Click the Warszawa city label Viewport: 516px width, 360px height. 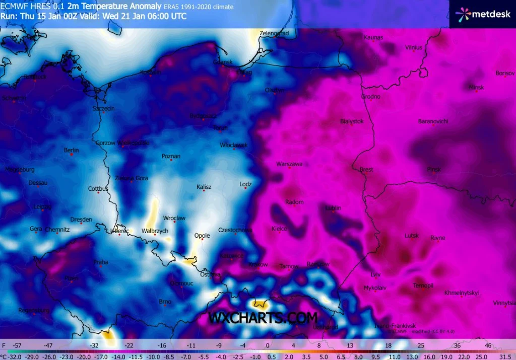[289, 164]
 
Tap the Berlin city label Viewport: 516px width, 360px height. [72, 150]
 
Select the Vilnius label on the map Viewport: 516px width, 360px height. [413, 48]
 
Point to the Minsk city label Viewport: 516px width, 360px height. [476, 88]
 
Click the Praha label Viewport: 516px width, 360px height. [101, 262]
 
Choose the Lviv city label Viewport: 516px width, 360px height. [375, 274]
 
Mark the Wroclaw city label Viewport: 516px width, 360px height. [175, 218]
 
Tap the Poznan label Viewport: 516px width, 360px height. [171, 156]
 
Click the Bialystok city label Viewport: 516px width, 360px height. [352, 121]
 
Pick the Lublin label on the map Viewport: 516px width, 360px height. [333, 208]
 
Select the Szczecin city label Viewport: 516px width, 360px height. [104, 108]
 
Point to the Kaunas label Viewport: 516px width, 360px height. [373, 37]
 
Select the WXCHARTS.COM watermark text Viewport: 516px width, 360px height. [263, 318]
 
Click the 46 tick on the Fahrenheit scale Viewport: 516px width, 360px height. [488, 346]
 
